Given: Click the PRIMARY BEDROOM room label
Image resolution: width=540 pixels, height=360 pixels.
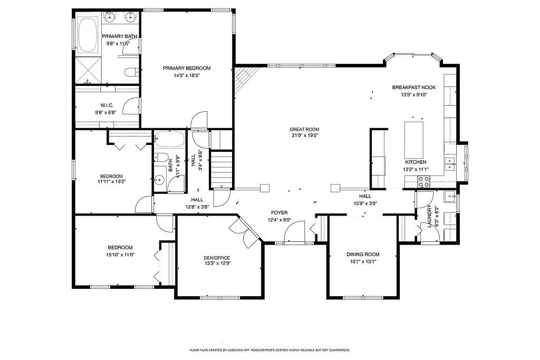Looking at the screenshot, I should tap(186, 68).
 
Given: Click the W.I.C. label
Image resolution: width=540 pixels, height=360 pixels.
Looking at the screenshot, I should tap(107, 105).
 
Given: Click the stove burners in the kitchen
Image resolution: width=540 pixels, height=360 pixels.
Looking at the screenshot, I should tap(423, 181).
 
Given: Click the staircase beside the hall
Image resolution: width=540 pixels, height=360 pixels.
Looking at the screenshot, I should tap(221, 169).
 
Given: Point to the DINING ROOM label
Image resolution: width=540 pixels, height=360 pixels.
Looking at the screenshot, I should tap(363, 255).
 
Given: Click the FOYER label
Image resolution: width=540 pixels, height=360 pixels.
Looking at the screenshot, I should tap(279, 213).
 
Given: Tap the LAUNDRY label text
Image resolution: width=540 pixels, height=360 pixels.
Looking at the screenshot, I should tap(430, 217).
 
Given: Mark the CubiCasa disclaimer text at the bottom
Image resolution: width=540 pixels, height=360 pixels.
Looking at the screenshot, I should tap(269, 350).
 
